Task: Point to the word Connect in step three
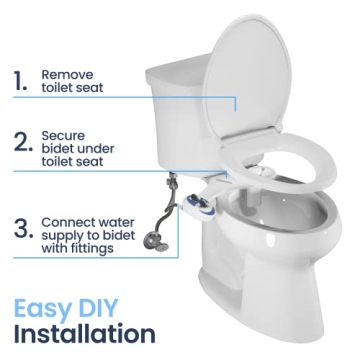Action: [69, 221]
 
